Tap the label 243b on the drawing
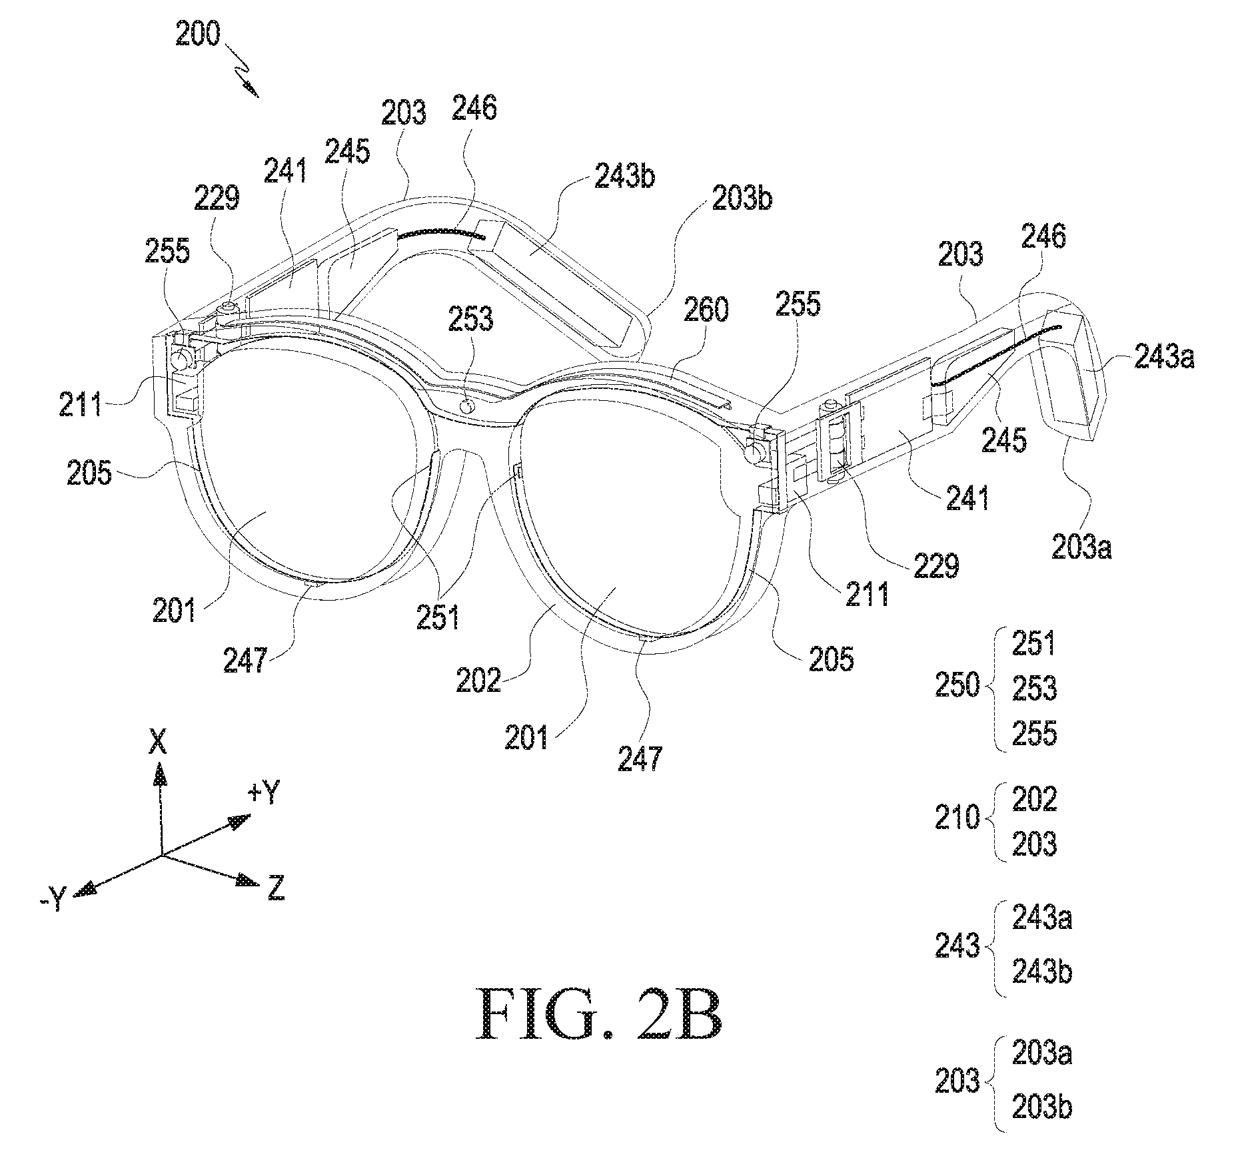(x=625, y=178)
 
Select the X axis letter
(x=158, y=741)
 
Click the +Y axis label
(x=265, y=794)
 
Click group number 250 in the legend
(x=957, y=685)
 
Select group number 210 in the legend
(x=957, y=818)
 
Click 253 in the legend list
(x=1035, y=689)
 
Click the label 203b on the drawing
(x=742, y=197)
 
